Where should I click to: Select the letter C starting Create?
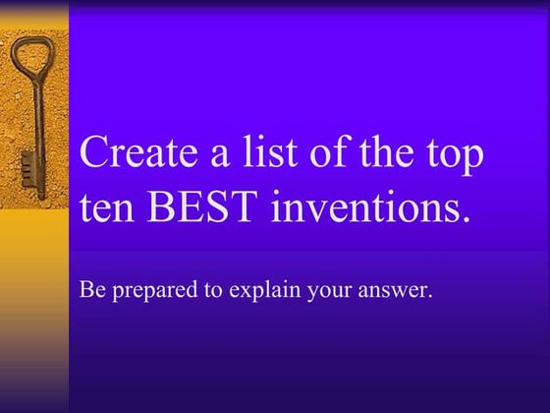click(x=96, y=155)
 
